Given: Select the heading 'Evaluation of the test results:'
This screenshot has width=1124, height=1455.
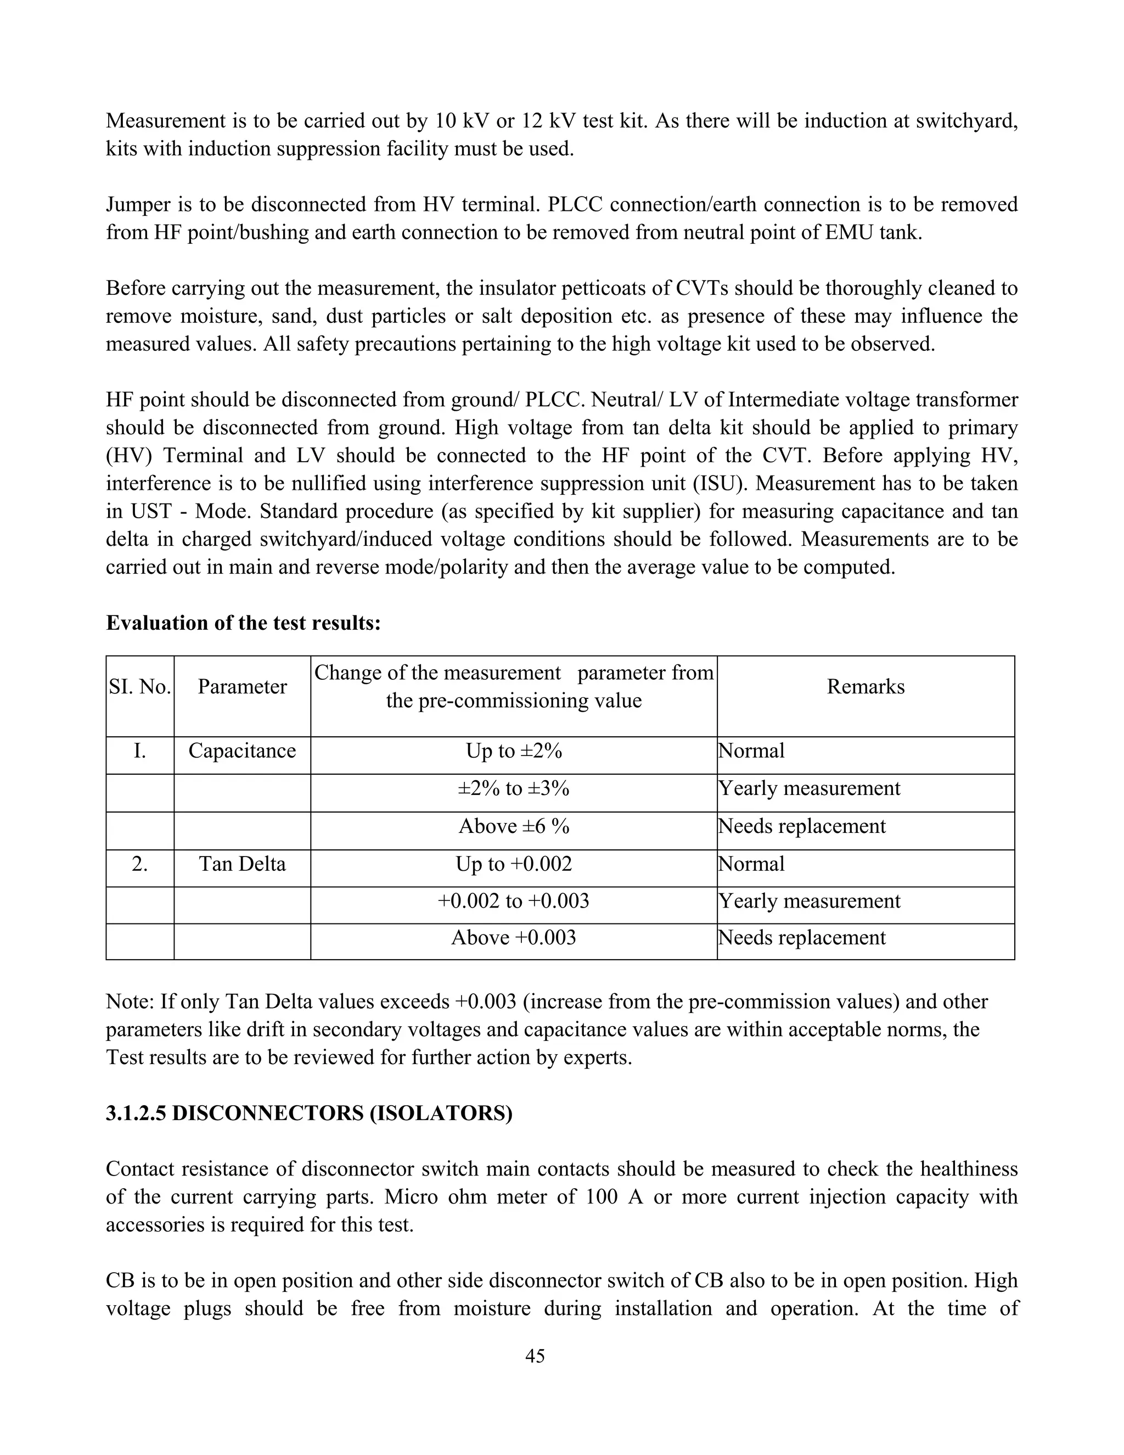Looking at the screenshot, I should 243,623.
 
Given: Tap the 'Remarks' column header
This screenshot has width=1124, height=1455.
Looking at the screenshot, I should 865,687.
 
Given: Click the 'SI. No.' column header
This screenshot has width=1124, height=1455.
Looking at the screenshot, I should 140,687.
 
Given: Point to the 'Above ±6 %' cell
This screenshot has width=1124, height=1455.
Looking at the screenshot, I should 513,826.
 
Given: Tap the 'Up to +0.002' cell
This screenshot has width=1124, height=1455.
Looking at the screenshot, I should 513,864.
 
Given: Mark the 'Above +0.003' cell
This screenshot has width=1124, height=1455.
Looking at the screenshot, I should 513,937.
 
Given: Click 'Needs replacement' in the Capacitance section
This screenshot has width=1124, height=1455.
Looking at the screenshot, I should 802,826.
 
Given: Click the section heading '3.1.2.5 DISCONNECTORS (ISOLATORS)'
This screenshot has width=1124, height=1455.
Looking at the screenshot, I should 309,1113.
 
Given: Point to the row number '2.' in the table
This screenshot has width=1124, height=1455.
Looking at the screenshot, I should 140,864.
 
